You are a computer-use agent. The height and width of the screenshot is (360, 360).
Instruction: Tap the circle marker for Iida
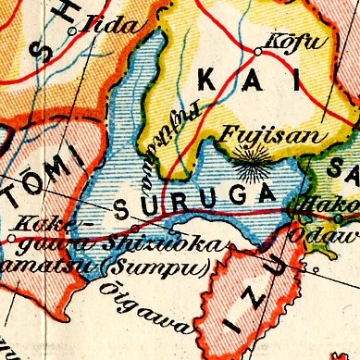point(72,31)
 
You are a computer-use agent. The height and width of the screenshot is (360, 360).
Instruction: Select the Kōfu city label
point(283,41)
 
